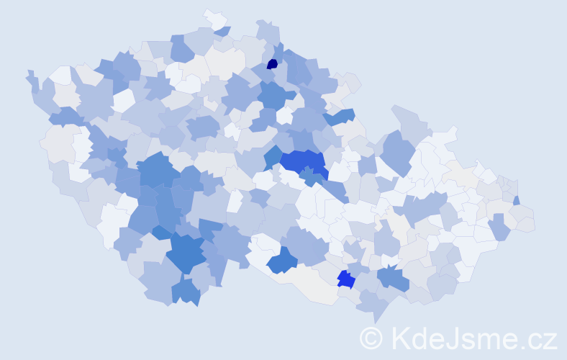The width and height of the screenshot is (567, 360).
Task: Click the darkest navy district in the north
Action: coord(272,63)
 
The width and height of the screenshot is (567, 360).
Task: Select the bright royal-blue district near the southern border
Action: coord(345,279)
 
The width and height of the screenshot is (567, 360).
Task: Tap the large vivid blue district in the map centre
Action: coord(302,162)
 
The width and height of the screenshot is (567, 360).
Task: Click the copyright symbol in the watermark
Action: coord(371,338)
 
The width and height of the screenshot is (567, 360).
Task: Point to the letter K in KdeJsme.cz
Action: coord(399,338)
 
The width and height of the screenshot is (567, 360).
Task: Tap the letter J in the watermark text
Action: coord(450,338)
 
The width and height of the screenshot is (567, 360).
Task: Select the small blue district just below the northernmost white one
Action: coord(222,31)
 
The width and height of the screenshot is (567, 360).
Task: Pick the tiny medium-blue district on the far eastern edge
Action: coord(517,200)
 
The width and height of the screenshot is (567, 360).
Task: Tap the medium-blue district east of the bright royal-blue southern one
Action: coord(393,277)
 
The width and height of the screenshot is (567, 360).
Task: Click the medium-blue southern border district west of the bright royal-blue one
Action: coord(282,261)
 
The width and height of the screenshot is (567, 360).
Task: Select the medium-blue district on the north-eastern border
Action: coord(341,116)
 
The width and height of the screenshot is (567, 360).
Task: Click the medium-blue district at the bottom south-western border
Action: coord(186,292)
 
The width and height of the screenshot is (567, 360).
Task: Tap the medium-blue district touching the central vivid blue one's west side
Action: coord(273,157)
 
